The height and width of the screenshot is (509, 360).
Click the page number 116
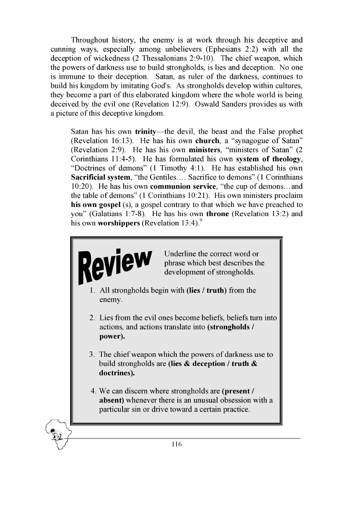pos(176,444)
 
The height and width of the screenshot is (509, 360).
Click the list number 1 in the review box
pos(92,291)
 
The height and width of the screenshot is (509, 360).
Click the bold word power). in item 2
pos(112,336)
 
